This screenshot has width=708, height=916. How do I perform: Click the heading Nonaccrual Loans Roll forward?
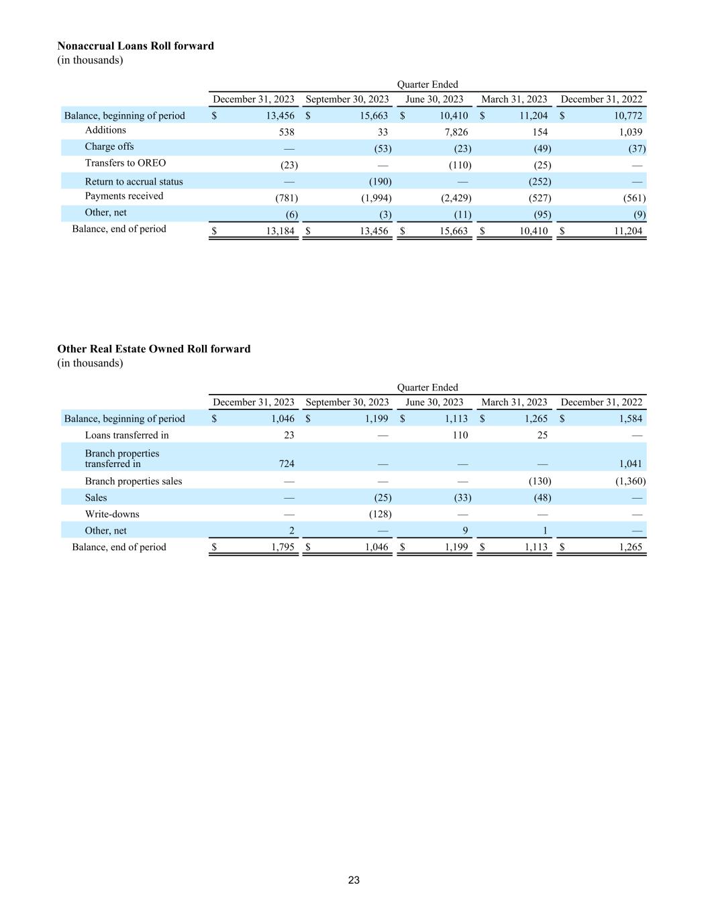[x=136, y=46]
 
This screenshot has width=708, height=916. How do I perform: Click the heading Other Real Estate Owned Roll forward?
[x=154, y=349]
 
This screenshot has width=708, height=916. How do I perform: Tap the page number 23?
[x=354, y=880]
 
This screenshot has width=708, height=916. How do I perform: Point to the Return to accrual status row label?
[x=134, y=182]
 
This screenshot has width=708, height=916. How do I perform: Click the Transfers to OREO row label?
[x=125, y=163]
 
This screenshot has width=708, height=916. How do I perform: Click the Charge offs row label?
[x=109, y=146]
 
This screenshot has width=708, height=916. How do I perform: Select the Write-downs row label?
[x=112, y=514]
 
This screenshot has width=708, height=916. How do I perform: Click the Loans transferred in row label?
[x=127, y=435]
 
